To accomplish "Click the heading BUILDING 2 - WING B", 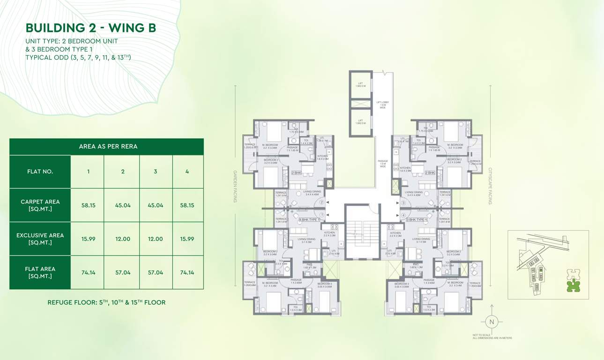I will pyautogui.click(x=90, y=28).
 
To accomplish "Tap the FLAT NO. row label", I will pyautogui.click(x=40, y=172).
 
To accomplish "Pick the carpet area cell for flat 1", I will pyautogui.click(x=88, y=205).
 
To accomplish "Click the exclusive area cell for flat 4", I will pyautogui.click(x=187, y=239).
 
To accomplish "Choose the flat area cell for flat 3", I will pyautogui.click(x=155, y=272).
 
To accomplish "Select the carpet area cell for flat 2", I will pyautogui.click(x=123, y=205).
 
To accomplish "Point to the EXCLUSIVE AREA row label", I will pyautogui.click(x=40, y=239).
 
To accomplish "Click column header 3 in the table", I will pyautogui.click(x=155, y=172).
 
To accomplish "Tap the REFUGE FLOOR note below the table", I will pyautogui.click(x=106, y=302).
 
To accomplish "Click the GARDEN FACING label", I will pyautogui.click(x=236, y=186).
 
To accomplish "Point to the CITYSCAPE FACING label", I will pyautogui.click(x=491, y=186).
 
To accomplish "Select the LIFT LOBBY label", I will pyautogui.click(x=383, y=105).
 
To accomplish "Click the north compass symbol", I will pyautogui.click(x=492, y=322).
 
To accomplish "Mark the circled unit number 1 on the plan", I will pyautogui.click(x=322, y=215).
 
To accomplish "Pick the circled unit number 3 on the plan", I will pyautogui.click(x=403, y=203).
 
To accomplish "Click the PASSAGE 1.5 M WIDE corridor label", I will pyautogui.click(x=383, y=164).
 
